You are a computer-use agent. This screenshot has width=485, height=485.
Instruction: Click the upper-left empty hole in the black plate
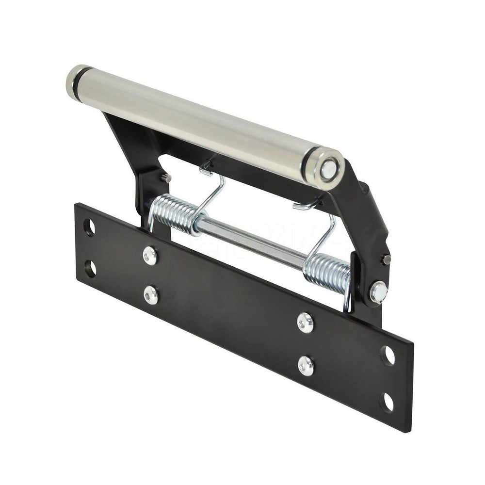89,227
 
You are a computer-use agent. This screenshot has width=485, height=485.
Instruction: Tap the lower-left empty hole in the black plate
90,269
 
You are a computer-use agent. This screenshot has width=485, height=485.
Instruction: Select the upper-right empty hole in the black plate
388,356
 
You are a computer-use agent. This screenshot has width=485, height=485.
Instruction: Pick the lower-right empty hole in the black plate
388,402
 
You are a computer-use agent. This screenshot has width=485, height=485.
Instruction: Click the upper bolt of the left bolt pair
150,256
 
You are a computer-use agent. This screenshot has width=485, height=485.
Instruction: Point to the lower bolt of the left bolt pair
151,295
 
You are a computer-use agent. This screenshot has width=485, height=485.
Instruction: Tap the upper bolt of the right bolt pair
305,323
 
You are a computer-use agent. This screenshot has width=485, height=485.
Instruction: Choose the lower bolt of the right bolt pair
306,365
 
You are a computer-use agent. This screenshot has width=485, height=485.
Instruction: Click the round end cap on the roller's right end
328,169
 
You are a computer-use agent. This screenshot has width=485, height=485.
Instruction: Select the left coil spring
175,213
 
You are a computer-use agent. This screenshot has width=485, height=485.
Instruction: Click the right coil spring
327,272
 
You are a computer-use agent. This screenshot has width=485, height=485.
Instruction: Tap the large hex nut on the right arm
378,292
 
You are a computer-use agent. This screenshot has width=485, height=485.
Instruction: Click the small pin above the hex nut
386,259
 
